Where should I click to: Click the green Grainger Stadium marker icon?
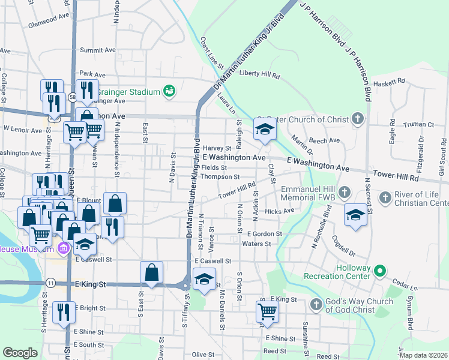(169, 91)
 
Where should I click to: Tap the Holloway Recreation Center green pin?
(379, 271)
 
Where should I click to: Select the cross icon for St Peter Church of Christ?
(358, 118)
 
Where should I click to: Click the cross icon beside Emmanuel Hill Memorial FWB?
(344, 193)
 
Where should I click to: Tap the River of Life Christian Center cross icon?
(385, 197)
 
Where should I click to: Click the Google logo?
(20, 353)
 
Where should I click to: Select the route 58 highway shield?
(73, 97)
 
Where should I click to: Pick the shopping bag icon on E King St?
(152, 273)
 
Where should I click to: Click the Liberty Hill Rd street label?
(260, 76)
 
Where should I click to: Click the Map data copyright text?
(423, 355)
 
